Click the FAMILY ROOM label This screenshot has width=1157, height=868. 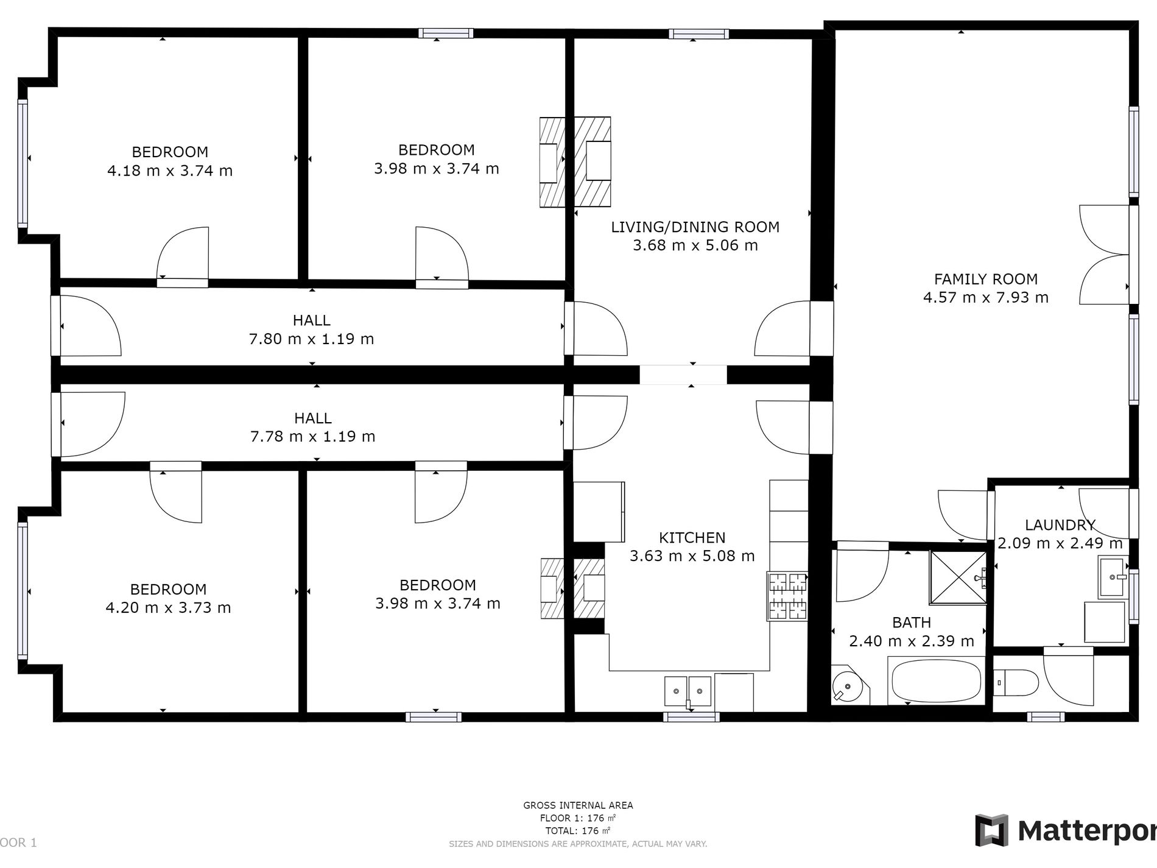pos(985,279)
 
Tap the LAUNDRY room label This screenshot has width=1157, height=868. pos(1060,524)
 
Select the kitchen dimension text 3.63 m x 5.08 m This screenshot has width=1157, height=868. pos(692,556)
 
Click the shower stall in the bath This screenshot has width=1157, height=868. pos(957,577)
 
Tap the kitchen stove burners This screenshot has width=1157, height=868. pos(788,596)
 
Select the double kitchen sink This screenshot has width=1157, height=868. pos(688,691)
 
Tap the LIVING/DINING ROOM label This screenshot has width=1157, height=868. pos(695,227)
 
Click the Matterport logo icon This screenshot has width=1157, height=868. pos(991,830)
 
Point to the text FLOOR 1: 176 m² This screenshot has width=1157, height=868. pos(578,817)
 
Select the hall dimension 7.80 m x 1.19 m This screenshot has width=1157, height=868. pos(311,339)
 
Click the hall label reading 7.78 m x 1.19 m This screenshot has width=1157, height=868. pos(312,436)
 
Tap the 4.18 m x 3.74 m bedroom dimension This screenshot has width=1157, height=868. pos(170,171)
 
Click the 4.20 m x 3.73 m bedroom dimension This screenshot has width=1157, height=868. pos(168,607)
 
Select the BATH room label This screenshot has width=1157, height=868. pos(911,623)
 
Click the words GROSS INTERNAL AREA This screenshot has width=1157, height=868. pos(578,805)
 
